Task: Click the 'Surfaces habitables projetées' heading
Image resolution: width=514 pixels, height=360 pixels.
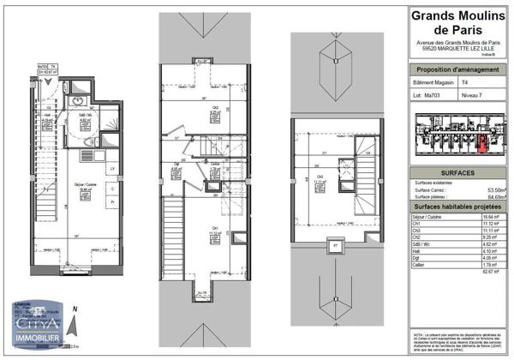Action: [x=455, y=207]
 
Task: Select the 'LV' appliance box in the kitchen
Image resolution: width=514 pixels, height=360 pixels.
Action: [x=113, y=169]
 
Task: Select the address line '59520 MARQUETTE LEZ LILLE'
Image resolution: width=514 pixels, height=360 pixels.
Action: [x=455, y=47]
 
